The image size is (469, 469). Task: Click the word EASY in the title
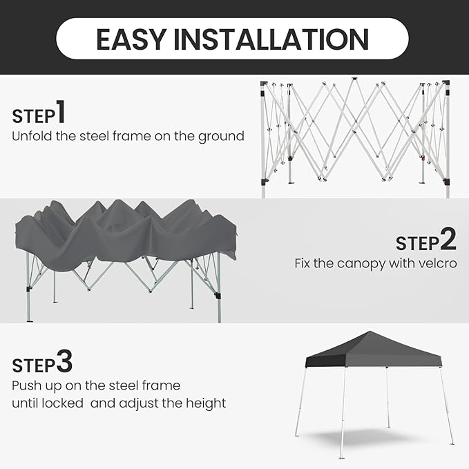pos(131,39)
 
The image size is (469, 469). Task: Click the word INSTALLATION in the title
pos(271,39)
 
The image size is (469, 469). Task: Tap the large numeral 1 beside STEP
pos(61,111)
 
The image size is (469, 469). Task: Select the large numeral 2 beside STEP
pos(448,239)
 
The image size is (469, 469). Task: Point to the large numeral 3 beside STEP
pos(64,361)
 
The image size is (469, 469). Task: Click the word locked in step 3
pos(63,403)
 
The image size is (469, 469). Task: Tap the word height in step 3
pos(206,403)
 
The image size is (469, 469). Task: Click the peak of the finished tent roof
pos(370,332)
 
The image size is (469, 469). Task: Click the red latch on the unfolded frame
pos(422,158)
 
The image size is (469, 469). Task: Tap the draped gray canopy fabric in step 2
pos(126,233)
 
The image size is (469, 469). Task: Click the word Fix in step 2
pos(303,264)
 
